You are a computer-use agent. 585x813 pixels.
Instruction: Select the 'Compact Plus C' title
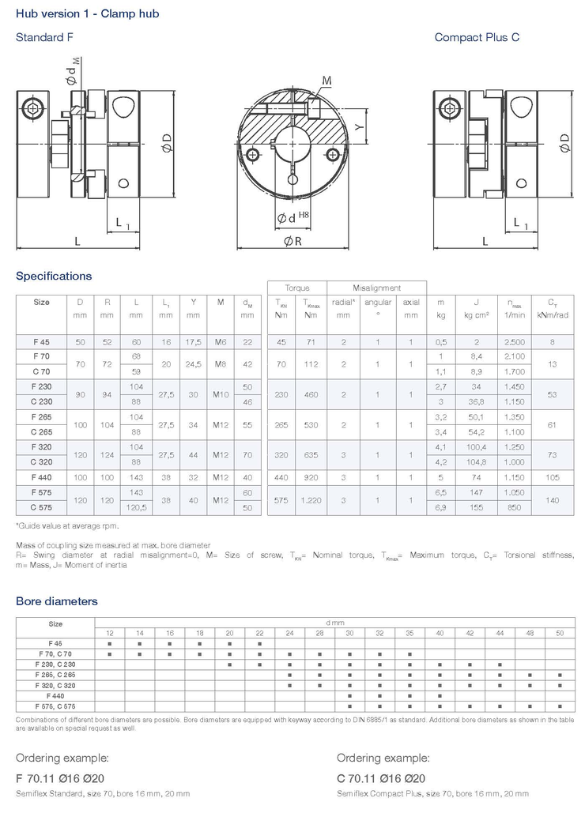tap(477, 37)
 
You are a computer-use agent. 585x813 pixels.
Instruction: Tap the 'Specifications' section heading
tap(54, 276)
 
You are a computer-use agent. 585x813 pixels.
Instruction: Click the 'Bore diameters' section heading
tap(57, 601)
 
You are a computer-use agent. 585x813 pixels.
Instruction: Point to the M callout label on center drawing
tap(326, 81)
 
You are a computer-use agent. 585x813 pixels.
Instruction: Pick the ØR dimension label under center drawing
tap(292, 242)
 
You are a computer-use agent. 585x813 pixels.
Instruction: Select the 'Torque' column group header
tap(297, 288)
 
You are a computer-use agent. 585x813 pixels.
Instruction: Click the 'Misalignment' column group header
tap(376, 288)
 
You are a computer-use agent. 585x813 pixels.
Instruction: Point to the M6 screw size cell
tap(221, 342)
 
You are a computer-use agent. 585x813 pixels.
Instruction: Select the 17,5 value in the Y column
tap(193, 342)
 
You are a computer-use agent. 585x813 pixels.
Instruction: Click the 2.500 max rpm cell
tap(515, 342)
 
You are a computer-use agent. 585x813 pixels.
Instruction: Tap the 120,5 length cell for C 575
tap(136, 507)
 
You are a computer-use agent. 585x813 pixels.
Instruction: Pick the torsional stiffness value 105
tap(552, 477)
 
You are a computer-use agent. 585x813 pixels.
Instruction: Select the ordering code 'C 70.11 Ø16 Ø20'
tap(381, 777)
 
